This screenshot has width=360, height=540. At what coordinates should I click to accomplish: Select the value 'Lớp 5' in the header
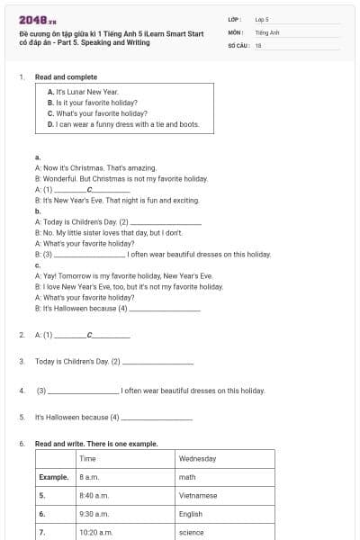[262, 19]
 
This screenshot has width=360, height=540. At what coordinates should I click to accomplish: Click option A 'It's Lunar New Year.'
[83, 92]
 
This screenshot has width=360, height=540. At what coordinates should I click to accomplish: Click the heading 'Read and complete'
[66, 77]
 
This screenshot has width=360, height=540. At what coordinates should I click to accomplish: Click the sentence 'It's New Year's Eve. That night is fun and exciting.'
[116, 200]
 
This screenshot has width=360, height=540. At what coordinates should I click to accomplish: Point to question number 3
[22, 362]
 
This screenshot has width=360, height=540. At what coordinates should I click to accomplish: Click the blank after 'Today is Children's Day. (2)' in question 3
[157, 363]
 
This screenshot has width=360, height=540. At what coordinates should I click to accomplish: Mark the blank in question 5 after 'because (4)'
[157, 418]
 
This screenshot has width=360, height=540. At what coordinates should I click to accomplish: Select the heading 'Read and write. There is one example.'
[96, 444]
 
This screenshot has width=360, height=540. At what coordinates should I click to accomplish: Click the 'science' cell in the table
[192, 533]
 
